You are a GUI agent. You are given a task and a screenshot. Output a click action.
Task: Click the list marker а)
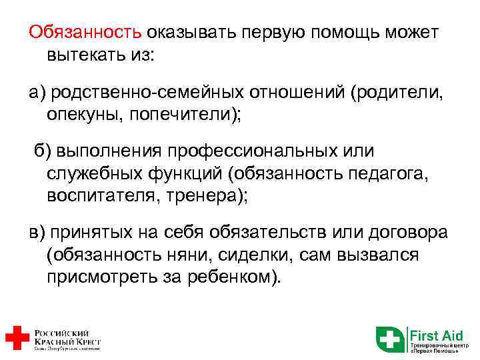point(36,92)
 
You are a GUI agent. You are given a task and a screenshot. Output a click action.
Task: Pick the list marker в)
point(36,234)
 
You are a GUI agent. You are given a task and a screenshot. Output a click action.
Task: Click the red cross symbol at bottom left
point(17,338)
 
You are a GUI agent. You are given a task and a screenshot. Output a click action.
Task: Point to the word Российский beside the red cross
point(59,331)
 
